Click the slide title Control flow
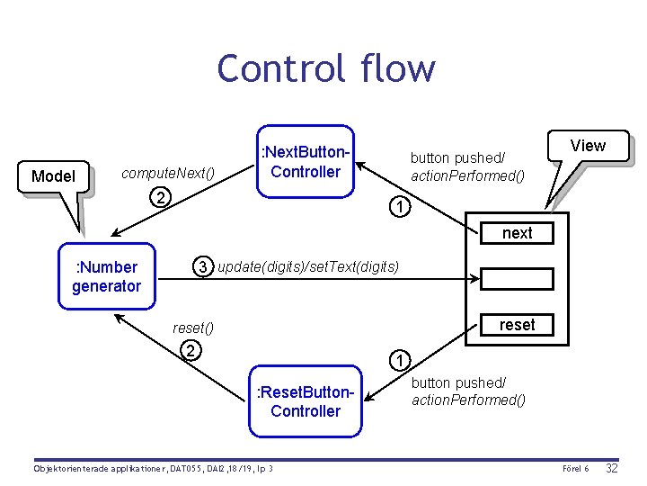tap(325, 68)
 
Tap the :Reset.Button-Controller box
tap(305, 402)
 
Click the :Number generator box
tap(107, 276)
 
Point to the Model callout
tap(53, 175)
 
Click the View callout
tap(588, 146)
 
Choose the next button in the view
tap(517, 233)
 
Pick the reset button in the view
tap(517, 325)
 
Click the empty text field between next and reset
tap(517, 278)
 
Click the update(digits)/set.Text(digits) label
tap(308, 266)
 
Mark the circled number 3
tap(204, 266)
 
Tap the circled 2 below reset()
tap(190, 350)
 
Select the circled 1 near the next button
tap(399, 207)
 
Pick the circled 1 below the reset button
tap(399, 361)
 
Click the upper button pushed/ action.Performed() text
tap(467, 166)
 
